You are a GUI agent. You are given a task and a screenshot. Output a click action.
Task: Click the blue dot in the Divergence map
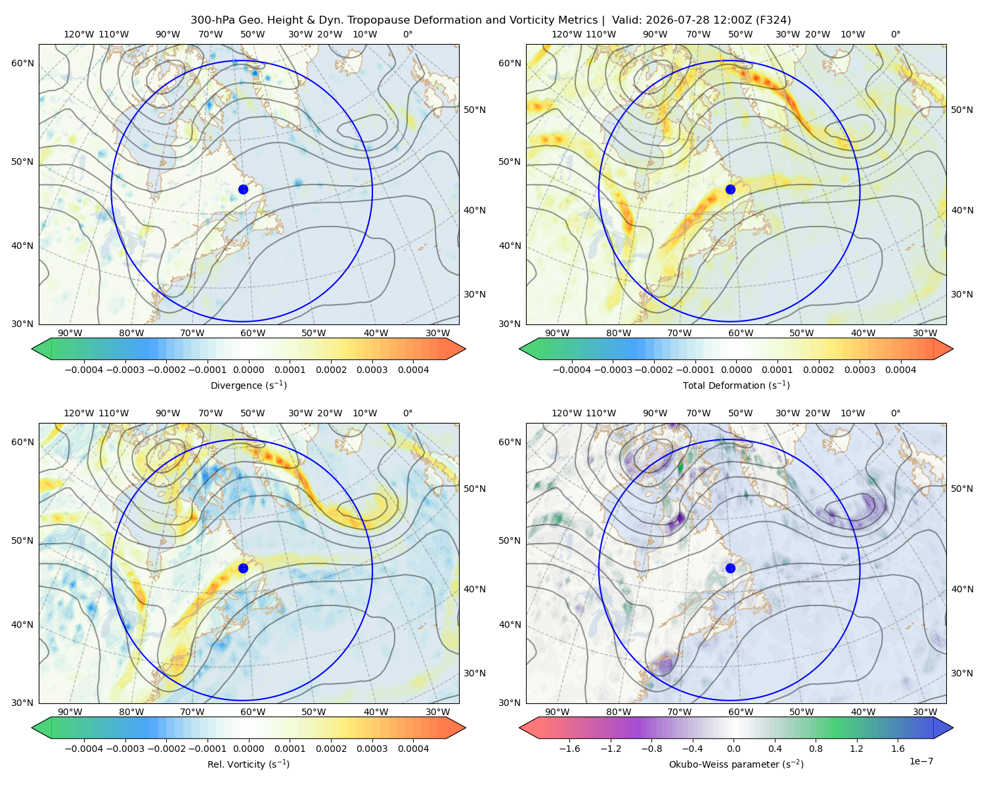pos(243,189)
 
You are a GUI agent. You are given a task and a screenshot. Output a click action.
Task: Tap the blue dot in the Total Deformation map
pos(730,189)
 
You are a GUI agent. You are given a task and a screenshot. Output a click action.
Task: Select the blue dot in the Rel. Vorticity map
pos(243,568)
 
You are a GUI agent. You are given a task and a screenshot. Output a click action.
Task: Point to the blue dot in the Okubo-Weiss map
pos(730,568)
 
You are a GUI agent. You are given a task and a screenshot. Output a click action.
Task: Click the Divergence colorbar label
pos(248,385)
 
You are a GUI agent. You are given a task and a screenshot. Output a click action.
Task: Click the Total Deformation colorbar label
pos(736,385)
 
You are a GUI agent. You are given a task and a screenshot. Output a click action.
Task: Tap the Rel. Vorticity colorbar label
pos(248,764)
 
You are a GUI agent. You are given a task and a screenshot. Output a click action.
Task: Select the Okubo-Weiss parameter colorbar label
pos(736,764)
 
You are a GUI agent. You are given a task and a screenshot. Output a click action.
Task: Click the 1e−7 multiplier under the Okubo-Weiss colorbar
pos(921,762)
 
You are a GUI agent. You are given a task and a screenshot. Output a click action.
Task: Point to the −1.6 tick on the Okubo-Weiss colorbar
pos(569,749)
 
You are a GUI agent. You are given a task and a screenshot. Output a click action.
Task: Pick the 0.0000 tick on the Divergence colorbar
pos(248,370)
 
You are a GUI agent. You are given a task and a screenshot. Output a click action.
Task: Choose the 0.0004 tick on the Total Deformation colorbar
pos(901,370)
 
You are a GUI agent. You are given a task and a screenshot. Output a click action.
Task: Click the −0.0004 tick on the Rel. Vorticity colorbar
pos(84,749)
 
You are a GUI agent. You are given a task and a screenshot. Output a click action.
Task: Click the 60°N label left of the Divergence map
pos(22,63)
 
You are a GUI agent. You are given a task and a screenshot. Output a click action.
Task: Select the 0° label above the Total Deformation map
pos(895,34)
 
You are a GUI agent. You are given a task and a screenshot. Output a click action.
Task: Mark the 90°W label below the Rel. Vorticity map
pos(70,712)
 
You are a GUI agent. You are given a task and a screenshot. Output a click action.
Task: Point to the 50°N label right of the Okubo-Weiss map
pos(962,489)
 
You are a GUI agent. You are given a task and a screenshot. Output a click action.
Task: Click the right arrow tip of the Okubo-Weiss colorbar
pos(953,728)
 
